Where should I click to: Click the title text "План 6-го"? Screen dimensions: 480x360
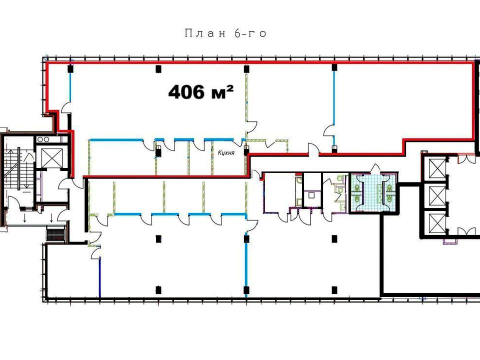[x=225, y=33]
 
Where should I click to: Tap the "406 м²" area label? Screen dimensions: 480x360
[x=201, y=92]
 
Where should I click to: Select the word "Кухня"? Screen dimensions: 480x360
[x=226, y=152]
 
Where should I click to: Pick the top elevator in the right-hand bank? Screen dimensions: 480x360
[x=438, y=169]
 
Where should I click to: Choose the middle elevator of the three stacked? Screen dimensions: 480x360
[x=438, y=195]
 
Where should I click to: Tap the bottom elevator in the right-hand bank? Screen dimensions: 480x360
[x=438, y=222]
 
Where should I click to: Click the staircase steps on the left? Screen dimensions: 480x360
[x=18, y=168]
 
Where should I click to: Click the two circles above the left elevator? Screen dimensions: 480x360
[x=43, y=139]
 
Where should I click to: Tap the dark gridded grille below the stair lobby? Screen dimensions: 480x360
[x=56, y=234]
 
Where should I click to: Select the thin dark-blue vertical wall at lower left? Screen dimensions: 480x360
[x=100, y=277]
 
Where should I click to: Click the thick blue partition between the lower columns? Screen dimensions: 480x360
[x=246, y=265]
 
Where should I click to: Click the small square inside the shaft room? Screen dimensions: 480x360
[x=311, y=195]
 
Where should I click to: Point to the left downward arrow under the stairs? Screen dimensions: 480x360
[x=25, y=218]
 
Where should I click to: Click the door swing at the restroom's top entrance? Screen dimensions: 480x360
[x=375, y=168]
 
